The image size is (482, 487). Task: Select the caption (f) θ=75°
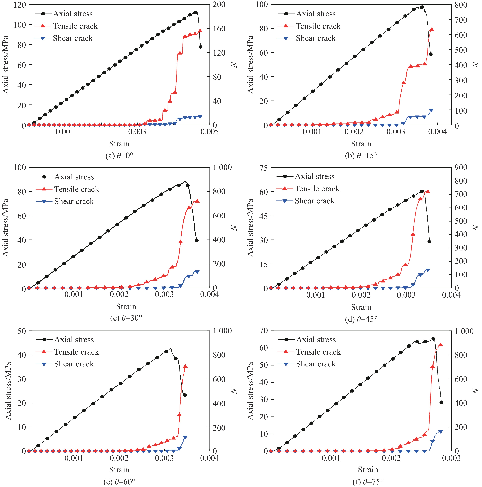click(368, 482)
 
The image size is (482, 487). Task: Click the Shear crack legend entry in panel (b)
click(315, 38)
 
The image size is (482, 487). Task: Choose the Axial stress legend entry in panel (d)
click(314, 176)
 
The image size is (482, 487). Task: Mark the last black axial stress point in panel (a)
click(200, 47)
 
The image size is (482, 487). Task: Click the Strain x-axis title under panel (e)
click(119, 470)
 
